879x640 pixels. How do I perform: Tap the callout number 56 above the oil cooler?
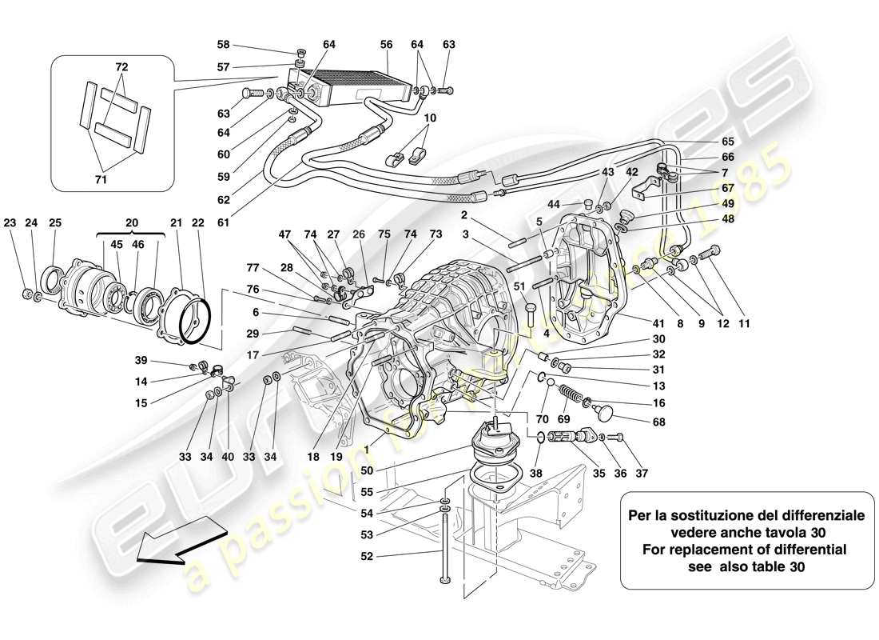pyautogui.click(x=386, y=46)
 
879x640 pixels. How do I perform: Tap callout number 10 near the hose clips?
pyautogui.click(x=431, y=118)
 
